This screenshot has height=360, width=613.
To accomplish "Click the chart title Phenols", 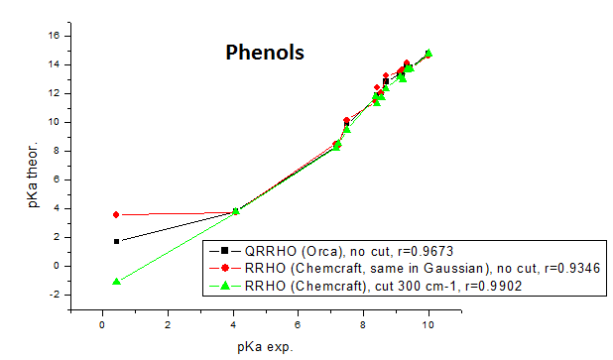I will [x=262, y=51].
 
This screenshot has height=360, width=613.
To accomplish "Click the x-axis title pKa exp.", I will [x=264, y=346].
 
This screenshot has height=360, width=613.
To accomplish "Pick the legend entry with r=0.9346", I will [x=405, y=268].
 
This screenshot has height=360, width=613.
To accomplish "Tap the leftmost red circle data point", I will [x=116, y=214].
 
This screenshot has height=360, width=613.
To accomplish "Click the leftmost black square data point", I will [x=116, y=241].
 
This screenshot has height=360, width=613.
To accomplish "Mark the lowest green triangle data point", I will [x=116, y=282].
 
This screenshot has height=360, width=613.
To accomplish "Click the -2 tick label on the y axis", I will [x=59, y=295].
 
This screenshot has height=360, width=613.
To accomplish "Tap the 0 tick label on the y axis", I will [x=61, y=266].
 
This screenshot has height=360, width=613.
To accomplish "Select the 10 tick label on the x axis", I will [x=429, y=323].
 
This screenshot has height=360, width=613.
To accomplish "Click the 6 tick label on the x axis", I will [x=299, y=323].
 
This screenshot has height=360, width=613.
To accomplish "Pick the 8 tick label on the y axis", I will [x=61, y=151].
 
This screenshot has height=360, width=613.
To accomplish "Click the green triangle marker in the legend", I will [x=225, y=286].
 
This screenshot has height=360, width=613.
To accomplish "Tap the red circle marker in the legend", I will [x=225, y=268].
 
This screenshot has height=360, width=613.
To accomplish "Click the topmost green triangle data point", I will [x=429, y=54].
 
